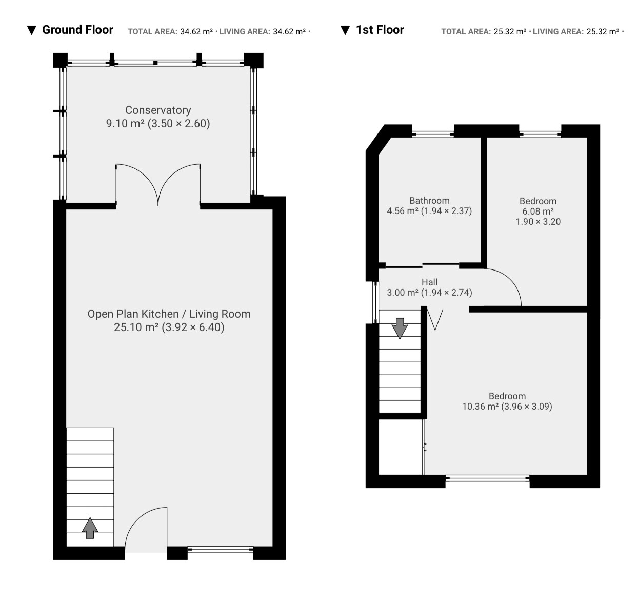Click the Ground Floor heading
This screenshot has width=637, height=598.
(77, 30)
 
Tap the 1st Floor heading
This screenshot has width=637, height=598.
(380, 30)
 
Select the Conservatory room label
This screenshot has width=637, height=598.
(158, 110)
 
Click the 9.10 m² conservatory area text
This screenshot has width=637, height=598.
(126, 123)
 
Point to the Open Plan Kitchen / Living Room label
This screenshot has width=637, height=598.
(169, 314)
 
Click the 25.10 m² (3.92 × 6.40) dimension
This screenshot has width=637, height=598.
(169, 327)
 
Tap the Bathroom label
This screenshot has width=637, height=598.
(429, 201)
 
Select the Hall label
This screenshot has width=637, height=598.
(429, 282)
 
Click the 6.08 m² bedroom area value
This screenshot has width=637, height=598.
(538, 211)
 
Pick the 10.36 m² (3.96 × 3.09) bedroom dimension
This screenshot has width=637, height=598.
(507, 406)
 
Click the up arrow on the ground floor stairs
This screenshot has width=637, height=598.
(90, 528)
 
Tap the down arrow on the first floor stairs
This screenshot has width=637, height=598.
(400, 329)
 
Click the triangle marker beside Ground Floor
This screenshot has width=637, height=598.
(31, 30)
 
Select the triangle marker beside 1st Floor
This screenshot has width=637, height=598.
(345, 30)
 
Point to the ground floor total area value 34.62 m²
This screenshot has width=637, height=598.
(196, 32)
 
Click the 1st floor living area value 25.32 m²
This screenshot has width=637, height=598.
(603, 32)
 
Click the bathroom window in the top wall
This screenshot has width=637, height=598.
(433, 134)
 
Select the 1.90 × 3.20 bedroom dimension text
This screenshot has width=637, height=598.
(538, 222)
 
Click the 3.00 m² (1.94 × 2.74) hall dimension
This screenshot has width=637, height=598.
(429, 293)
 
